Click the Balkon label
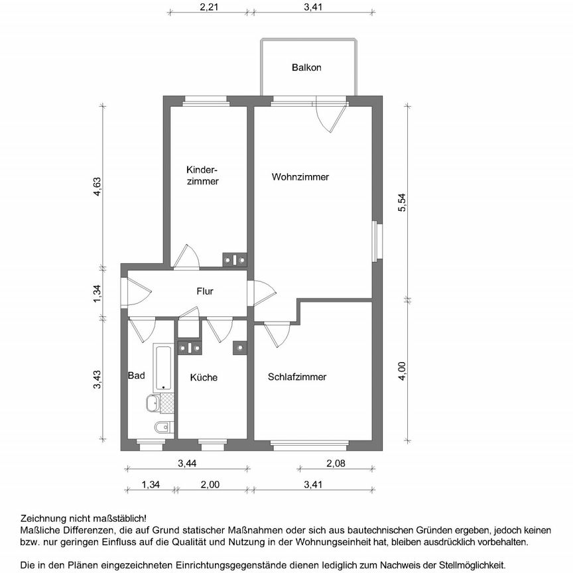pos(306,68)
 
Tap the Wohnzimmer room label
pos(300,177)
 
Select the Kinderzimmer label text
pos(202,174)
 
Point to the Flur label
pos(204,290)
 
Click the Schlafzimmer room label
pos(297,377)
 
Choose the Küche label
pos(204,377)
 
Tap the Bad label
pos(136,375)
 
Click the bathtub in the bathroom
pos(163,367)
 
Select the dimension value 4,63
pos(97,188)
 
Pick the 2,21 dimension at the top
pos(209,8)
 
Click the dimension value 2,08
pos(336,464)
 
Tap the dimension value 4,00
pos(401,369)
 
